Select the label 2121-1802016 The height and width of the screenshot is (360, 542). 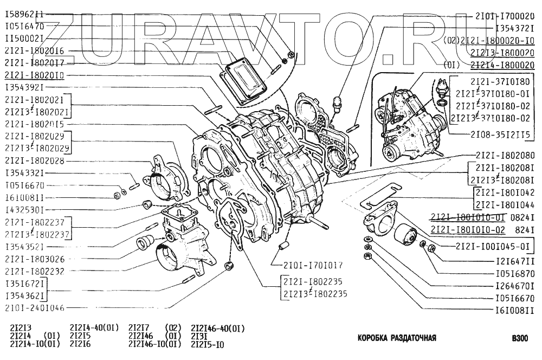coord(34,50)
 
